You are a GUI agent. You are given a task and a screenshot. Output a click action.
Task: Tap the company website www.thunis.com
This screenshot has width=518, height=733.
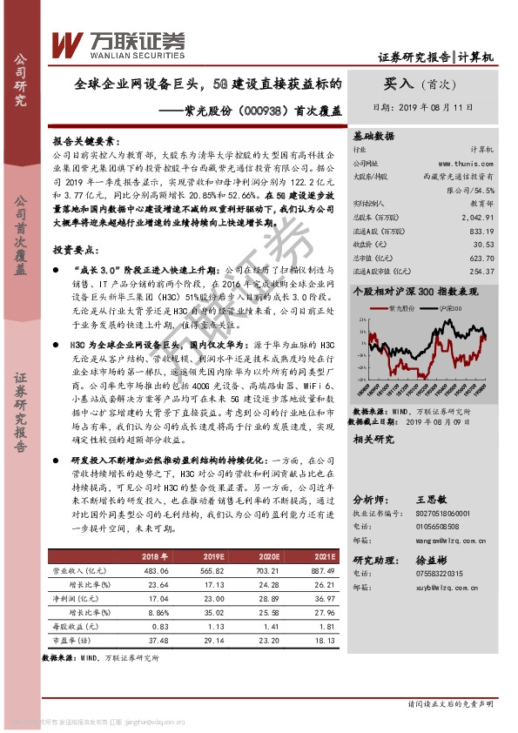467,163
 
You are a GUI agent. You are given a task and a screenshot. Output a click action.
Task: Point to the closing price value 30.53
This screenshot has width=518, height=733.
484,245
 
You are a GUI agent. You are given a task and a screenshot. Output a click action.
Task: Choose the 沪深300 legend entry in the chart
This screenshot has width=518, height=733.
458,309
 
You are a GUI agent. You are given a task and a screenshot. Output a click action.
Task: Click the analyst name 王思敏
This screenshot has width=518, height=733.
431,501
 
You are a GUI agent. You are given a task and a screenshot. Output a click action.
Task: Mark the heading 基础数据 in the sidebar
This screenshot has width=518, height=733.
373,137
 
